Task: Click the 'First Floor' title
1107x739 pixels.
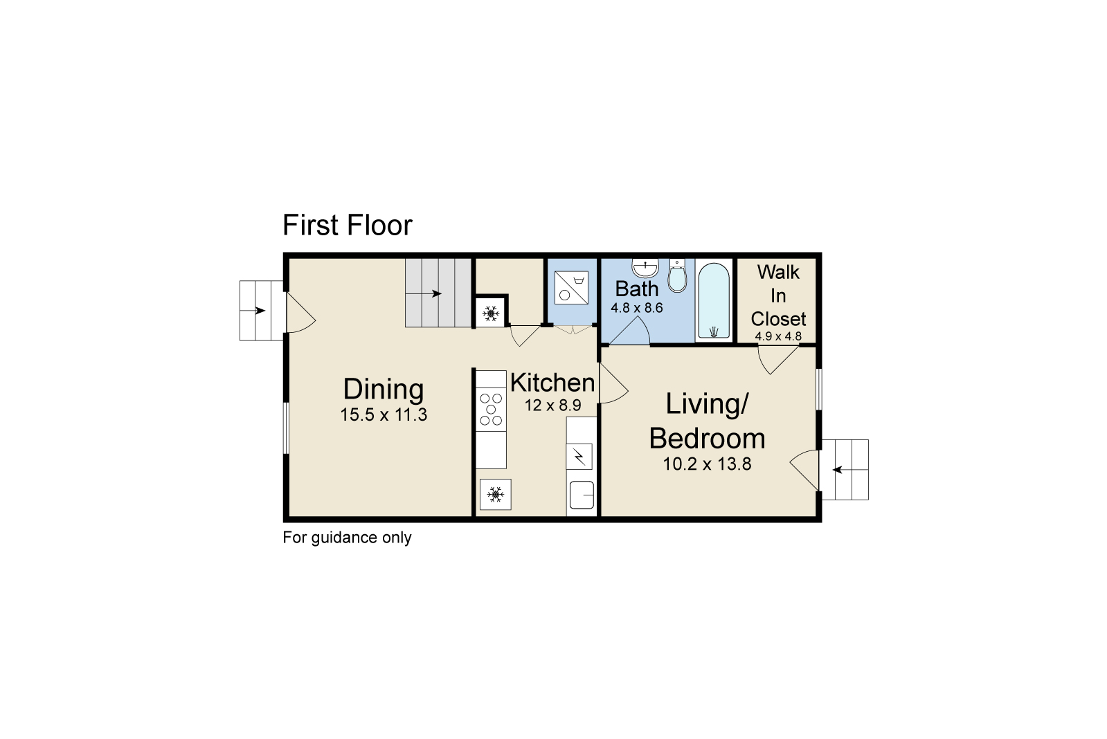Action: [x=347, y=226]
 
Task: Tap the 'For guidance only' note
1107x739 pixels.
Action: [x=347, y=538]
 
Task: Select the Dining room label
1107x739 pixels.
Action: [x=384, y=389]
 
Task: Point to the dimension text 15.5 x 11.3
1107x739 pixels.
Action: [x=384, y=414]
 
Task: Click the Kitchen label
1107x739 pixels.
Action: [x=552, y=383]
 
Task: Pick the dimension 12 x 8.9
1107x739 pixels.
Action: [x=552, y=405]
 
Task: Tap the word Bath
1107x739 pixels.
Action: [x=636, y=289]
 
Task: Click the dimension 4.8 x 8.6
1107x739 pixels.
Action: [x=636, y=308]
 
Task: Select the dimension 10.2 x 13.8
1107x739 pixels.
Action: [x=708, y=464]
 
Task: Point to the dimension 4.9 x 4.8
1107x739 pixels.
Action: [x=778, y=336]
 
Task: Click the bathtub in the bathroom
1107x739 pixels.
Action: [x=714, y=301]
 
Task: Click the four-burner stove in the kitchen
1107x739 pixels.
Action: [x=491, y=408]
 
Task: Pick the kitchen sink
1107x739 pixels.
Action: [x=582, y=495]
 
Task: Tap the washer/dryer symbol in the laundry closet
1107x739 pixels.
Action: [x=571, y=287]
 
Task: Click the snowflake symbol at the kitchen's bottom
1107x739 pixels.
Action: [x=495, y=494]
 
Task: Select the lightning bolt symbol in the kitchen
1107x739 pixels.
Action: [x=579, y=457]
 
